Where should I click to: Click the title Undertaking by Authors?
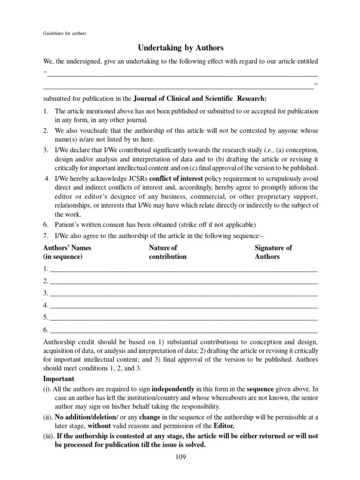tap(180, 48)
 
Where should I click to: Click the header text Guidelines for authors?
tap(65, 33)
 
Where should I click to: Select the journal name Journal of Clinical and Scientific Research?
tap(200, 98)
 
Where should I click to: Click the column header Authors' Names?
tap(67, 247)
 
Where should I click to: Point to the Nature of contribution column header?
tap(167, 252)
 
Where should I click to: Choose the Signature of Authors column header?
tap(273, 252)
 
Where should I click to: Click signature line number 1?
tap(183, 270)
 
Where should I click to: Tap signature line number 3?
tap(183, 294)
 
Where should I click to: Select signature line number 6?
tap(183, 330)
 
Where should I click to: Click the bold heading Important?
tap(59, 379)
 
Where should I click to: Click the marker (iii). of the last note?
tap(48, 435)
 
